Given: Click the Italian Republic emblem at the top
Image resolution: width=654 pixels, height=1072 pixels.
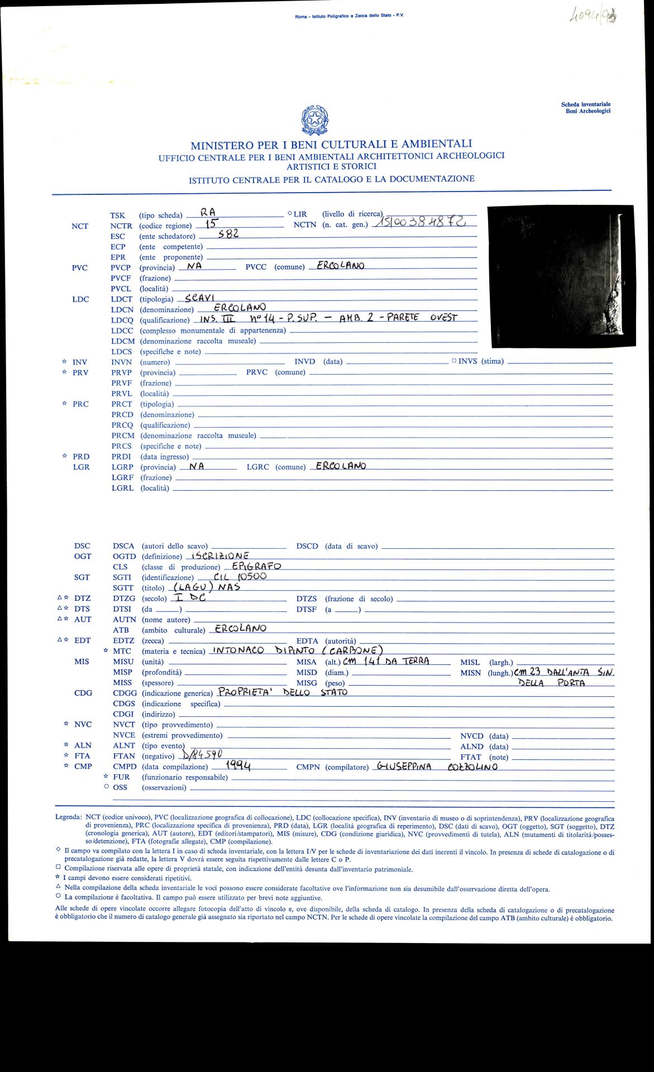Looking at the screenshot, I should pos(314,120).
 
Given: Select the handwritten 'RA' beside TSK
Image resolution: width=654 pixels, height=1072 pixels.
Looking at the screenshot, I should pos(208,212).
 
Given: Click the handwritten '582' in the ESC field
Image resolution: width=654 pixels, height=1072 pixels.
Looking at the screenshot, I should pos(228,234).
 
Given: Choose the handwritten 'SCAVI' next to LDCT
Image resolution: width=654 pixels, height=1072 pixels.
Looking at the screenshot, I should pos(200,298).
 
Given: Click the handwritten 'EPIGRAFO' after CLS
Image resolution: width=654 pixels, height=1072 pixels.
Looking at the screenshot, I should pos(256,566).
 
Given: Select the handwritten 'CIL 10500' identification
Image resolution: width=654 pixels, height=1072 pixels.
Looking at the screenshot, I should pos(240,577).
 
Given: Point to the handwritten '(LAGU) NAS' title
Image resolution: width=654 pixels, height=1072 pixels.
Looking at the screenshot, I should pos(207,587).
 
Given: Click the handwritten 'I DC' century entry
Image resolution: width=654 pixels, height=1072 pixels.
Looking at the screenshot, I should pos(190,597).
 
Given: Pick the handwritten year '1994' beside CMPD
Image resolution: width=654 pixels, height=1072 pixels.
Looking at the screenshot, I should pos(238,766).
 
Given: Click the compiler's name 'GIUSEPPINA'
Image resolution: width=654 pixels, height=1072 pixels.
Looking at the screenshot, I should pos(404,767).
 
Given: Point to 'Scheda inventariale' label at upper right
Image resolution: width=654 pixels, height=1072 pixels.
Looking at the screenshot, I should pos(586,104).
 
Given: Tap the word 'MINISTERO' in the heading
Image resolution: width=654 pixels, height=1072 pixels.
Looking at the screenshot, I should pos(221,146).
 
